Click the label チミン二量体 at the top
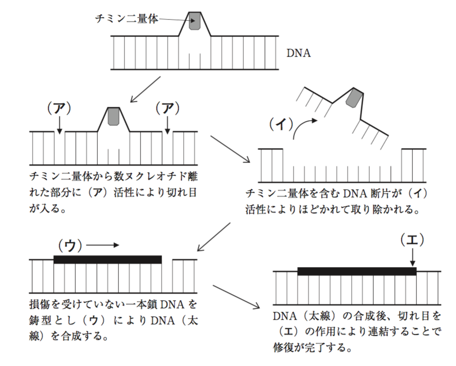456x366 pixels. pyautogui.click(x=126, y=19)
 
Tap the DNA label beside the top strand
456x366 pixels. pyautogui.click(x=298, y=53)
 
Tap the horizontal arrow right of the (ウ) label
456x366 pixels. pyautogui.click(x=104, y=246)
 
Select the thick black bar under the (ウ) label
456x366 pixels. pyautogui.click(x=107, y=259)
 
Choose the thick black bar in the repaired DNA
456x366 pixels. pyautogui.click(x=357, y=271)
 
